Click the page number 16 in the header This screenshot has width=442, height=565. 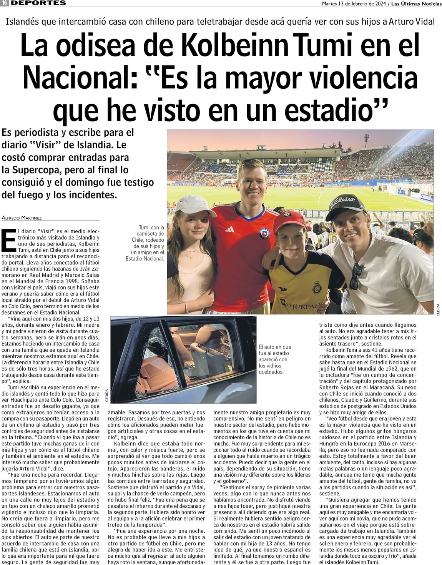click(5, 3)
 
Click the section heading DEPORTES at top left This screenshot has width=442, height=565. click(38, 3)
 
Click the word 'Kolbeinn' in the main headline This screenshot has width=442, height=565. click(234, 45)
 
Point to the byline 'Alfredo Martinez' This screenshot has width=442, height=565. click(22, 218)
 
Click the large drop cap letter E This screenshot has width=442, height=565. click(8, 240)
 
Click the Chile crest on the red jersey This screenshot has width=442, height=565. click(264, 233)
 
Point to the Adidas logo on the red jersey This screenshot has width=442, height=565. click(229, 229)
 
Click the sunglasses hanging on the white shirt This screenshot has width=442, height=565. click(356, 276)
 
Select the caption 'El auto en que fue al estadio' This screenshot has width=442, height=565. click(275, 359)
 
